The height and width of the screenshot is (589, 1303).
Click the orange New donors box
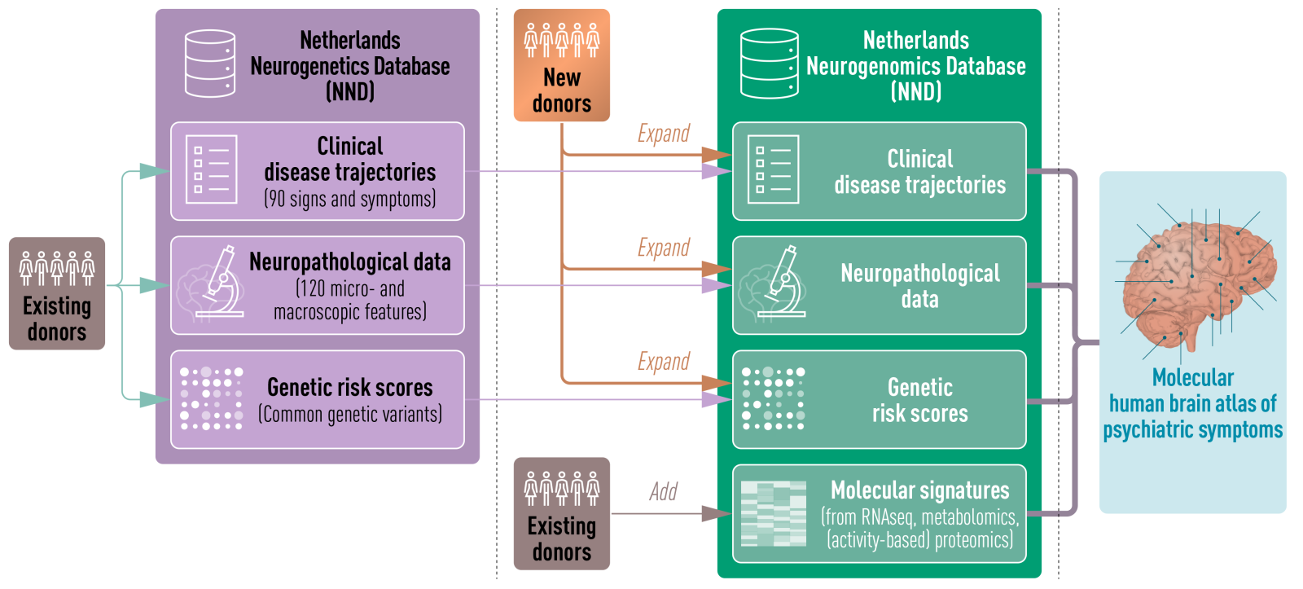click(561, 65)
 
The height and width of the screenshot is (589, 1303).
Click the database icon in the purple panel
click(210, 64)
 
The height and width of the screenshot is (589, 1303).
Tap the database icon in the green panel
click(769, 64)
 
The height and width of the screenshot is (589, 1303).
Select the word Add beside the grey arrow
click(664, 491)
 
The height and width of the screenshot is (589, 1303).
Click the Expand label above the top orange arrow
click(664, 134)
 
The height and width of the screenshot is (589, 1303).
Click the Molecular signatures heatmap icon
click(773, 513)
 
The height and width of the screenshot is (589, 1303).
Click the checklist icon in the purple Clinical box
click(211, 169)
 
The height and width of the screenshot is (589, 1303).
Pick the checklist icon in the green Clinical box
click(773, 169)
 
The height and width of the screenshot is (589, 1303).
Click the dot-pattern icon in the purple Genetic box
click(211, 398)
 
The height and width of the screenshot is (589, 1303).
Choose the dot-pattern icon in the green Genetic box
click(773, 398)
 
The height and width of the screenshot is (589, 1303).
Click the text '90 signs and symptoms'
click(350, 199)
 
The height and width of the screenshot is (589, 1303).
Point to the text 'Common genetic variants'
click(350, 414)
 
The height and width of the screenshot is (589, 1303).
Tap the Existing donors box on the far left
click(57, 293)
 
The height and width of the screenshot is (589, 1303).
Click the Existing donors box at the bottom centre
click(561, 513)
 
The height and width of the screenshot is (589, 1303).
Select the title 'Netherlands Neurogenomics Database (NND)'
click(916, 65)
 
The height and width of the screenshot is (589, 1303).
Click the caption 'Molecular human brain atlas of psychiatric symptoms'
click(1193, 404)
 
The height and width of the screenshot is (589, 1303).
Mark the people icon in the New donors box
click(561, 40)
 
